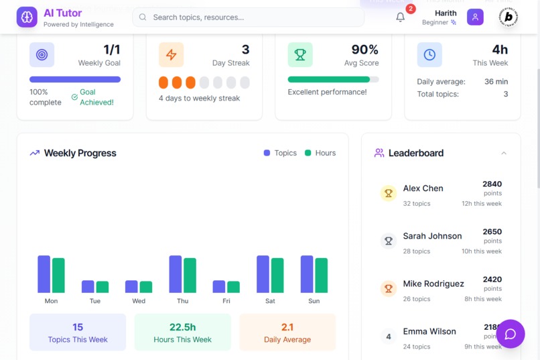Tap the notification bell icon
point(401,17)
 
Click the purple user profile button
point(475,17)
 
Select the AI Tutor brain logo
point(27,17)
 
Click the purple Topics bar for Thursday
point(176,274)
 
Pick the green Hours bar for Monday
point(58,275)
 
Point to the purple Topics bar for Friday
point(219,286)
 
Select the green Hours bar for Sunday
point(322,275)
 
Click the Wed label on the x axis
point(139,301)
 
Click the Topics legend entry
point(280,153)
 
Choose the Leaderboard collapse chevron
point(504,153)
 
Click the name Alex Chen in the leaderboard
point(423,188)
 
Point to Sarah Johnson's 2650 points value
point(492,232)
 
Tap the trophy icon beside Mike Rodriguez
point(389,289)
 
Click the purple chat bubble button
point(511,334)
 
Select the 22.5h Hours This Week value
point(182,327)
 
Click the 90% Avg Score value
point(364,50)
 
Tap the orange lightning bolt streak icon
point(171,55)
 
